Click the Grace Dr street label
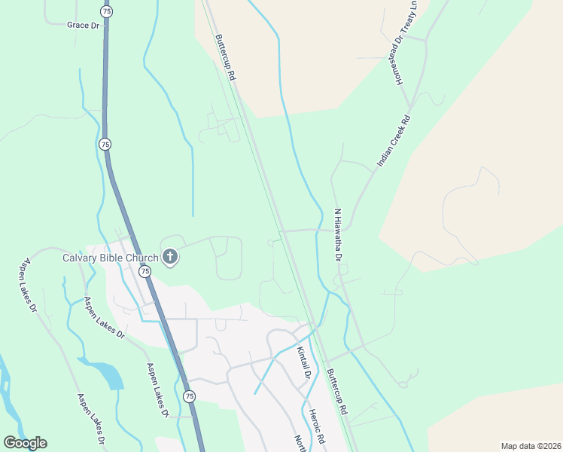tap(83, 25)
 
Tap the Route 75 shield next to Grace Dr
tap(106, 12)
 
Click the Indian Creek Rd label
tap(393, 141)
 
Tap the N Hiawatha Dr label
tap(338, 235)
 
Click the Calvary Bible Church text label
tap(110, 258)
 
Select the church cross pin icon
tap(170, 258)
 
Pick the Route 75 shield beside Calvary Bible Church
tap(145, 271)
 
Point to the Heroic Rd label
tap(319, 428)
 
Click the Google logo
tap(25, 443)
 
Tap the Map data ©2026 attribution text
tap(531, 446)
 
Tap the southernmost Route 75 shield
tap(189, 396)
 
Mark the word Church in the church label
tap(142, 258)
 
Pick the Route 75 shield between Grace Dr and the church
tap(105, 144)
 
